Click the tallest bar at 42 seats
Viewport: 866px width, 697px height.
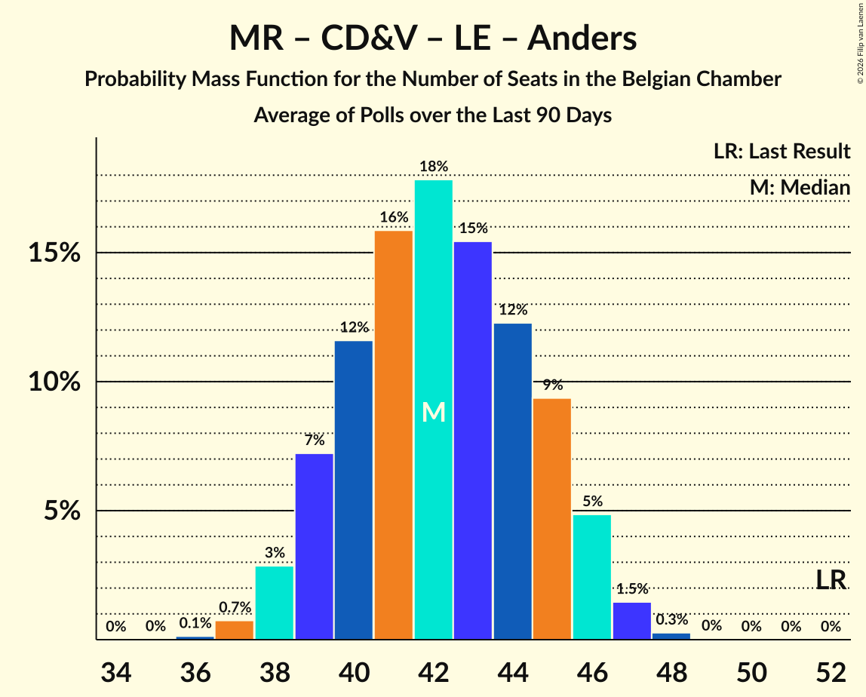point(434,410)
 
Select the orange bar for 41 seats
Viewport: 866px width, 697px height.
point(394,435)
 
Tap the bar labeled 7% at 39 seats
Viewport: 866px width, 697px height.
point(314,546)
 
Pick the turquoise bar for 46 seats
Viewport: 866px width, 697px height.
point(592,577)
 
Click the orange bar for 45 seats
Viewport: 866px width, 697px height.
point(552,519)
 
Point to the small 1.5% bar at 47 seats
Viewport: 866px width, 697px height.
point(631,621)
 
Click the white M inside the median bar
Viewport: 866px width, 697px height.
point(434,412)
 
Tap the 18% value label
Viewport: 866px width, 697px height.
point(434,167)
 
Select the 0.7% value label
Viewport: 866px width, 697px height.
point(235,607)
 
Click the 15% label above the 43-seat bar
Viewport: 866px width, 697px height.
point(473,229)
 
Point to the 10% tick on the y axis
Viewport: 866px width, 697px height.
point(54,382)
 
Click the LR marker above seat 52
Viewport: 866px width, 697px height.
point(831,580)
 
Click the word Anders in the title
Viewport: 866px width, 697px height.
point(582,38)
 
